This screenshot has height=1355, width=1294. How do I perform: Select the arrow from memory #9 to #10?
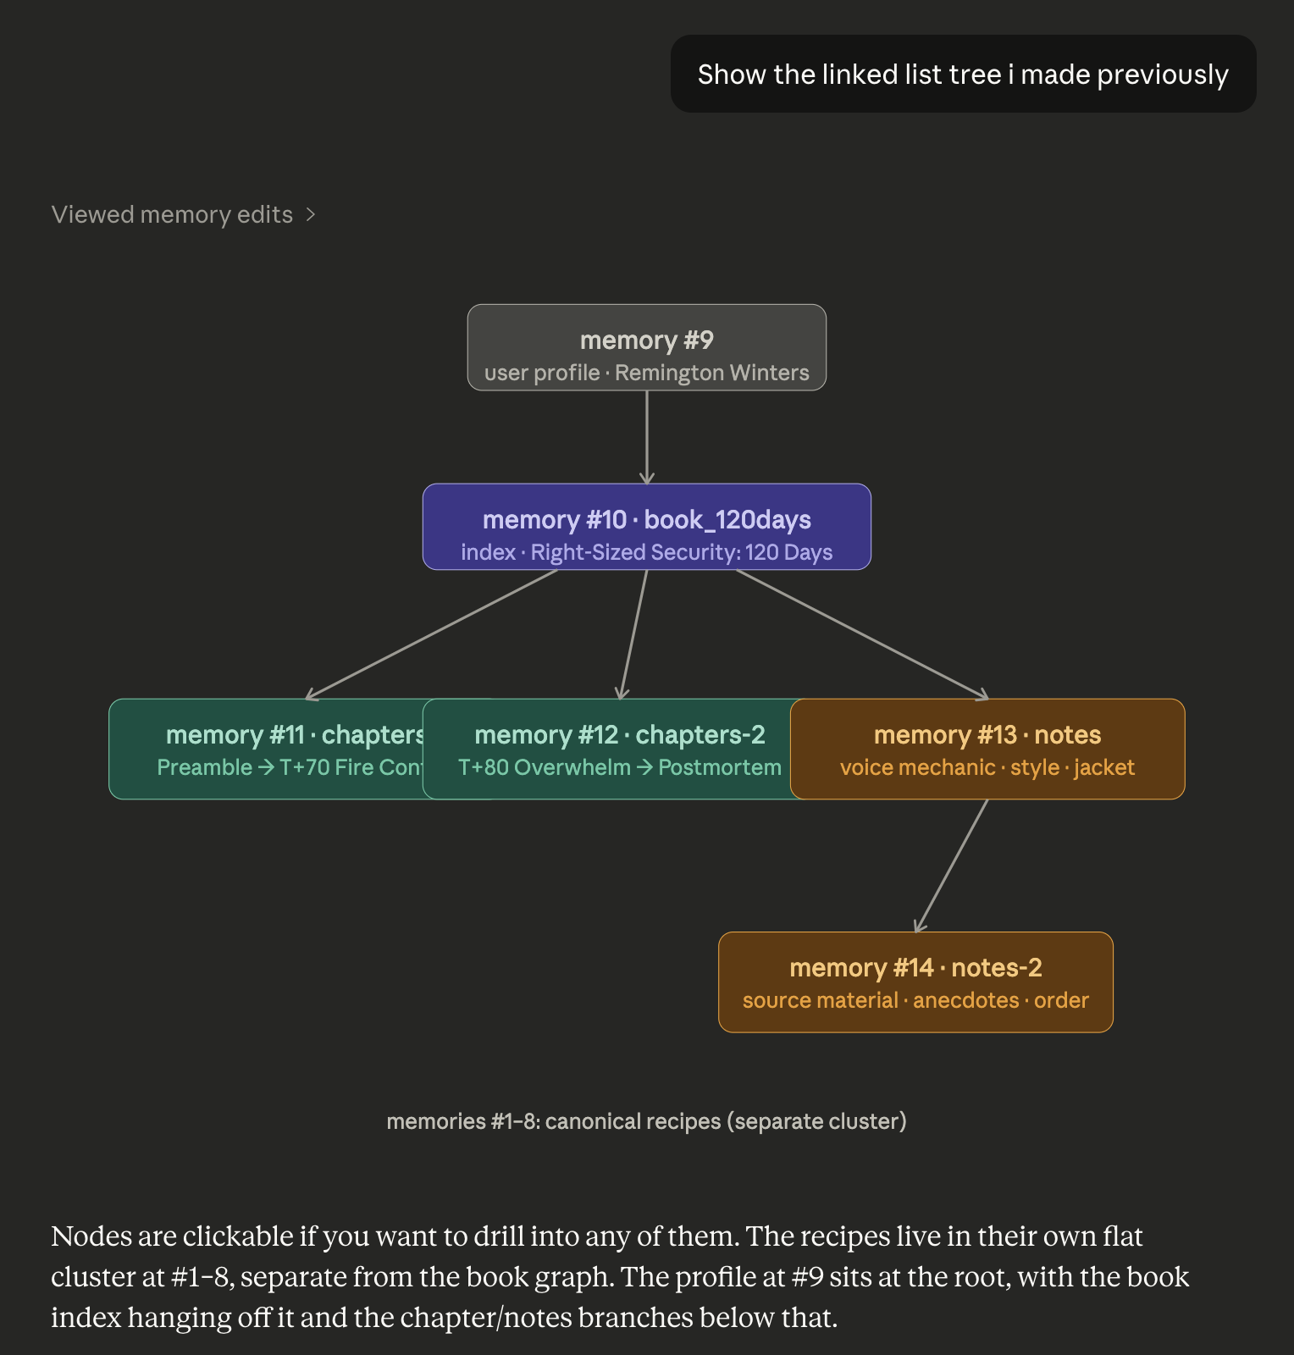[647, 437]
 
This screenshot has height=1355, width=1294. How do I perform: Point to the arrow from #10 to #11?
[432, 634]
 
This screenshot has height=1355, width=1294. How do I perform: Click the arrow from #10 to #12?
[634, 634]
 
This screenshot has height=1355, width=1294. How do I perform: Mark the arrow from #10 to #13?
[862, 634]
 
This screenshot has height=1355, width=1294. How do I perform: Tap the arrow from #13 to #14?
[951, 866]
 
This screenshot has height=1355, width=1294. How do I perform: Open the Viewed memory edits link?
[172, 215]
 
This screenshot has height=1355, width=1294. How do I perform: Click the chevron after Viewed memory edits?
[311, 215]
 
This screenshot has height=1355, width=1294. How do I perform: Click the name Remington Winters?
[711, 373]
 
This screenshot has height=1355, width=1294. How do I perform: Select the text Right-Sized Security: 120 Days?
[681, 553]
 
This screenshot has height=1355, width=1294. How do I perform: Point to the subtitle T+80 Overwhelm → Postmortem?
[619, 768]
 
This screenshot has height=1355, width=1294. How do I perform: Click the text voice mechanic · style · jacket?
[987, 768]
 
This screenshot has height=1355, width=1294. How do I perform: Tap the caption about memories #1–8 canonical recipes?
[646, 1121]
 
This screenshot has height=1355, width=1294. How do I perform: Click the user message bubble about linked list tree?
[963, 75]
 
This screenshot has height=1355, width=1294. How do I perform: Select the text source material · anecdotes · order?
[915, 1001]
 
